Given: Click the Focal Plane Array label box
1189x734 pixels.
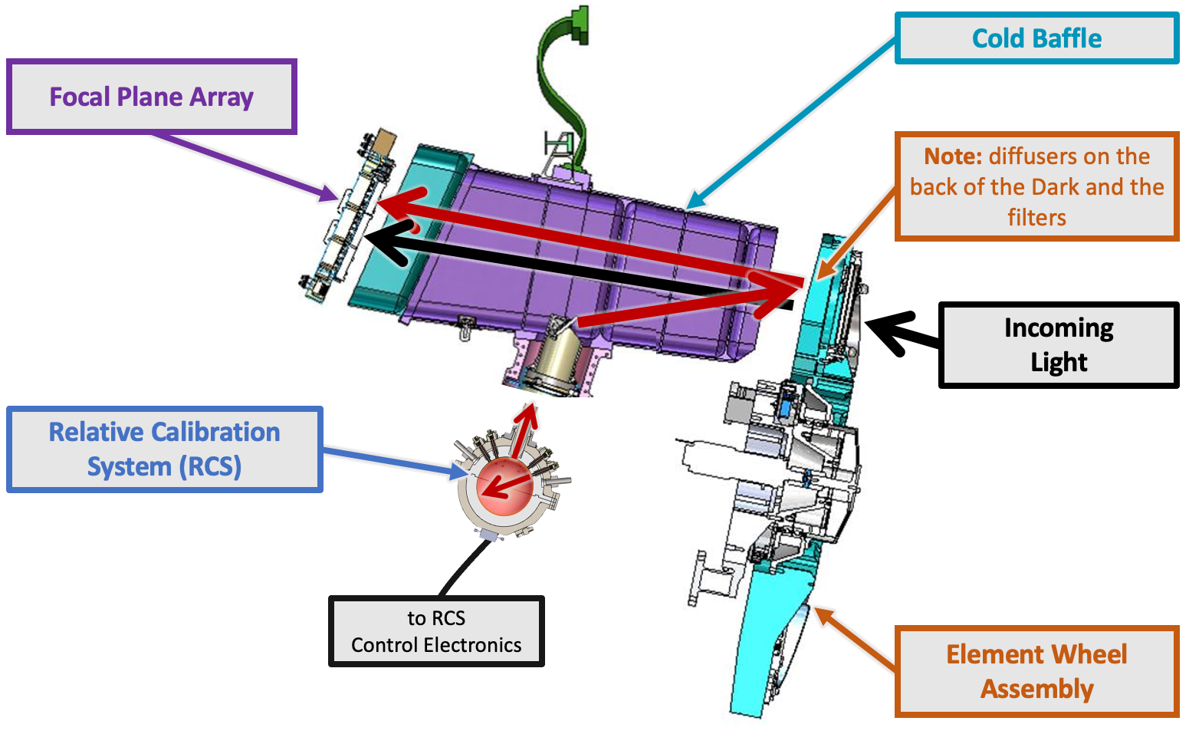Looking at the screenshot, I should point(151,97).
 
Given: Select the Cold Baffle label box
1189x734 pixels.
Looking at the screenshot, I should point(1036,38).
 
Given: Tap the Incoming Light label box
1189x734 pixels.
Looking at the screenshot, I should point(1058,344).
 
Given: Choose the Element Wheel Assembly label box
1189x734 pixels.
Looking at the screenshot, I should point(1036,671).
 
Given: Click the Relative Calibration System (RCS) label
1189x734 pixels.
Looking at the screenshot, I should point(164,449).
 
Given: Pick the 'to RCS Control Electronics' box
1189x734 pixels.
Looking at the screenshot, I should point(436,631).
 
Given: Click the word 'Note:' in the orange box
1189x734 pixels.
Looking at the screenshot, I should point(953,156).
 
